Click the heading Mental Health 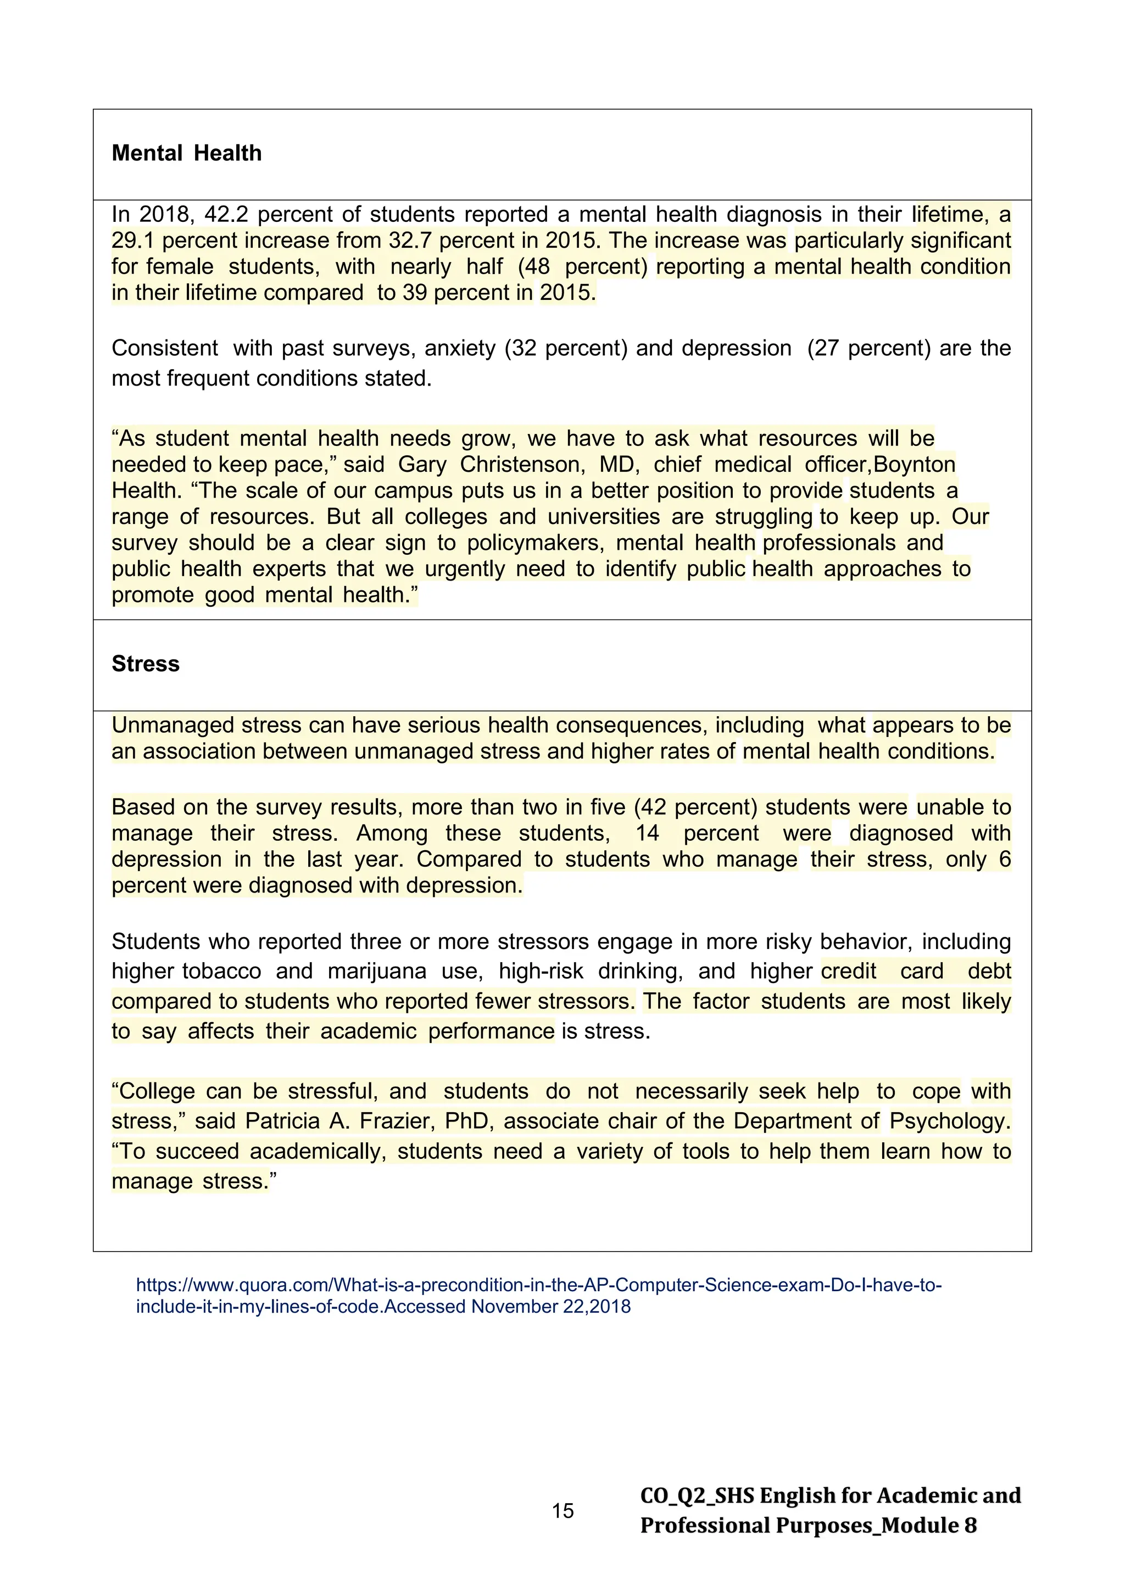pyautogui.click(x=186, y=153)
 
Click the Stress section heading pyautogui.click(x=146, y=663)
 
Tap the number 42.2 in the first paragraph pyautogui.click(x=226, y=215)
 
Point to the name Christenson pyautogui.click(x=522, y=464)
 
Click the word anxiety pyautogui.click(x=460, y=348)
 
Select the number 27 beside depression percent pyautogui.click(x=826, y=348)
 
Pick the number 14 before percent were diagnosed pyautogui.click(x=647, y=833)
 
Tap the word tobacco pyautogui.click(x=222, y=971)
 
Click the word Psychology pyautogui.click(x=950, y=1121)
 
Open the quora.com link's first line pyautogui.click(x=538, y=1285)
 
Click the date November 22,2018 pyautogui.click(x=551, y=1307)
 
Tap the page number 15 pyautogui.click(x=562, y=1511)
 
